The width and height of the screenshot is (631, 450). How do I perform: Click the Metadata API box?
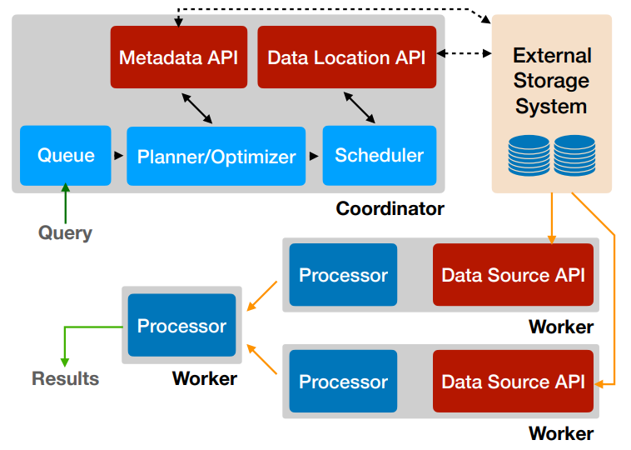click(x=178, y=57)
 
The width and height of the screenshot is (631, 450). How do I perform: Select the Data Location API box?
click(x=346, y=57)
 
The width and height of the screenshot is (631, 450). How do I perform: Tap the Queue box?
click(x=65, y=155)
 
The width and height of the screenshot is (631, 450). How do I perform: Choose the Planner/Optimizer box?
click(x=216, y=156)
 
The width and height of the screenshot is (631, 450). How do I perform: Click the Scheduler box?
click(x=379, y=155)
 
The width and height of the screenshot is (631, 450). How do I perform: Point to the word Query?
click(x=65, y=232)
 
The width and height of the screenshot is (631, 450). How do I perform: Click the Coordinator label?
click(x=390, y=208)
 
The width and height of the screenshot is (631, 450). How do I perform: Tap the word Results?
click(x=65, y=378)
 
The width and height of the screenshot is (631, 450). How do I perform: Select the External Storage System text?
click(x=551, y=81)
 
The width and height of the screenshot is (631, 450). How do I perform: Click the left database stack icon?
click(x=529, y=154)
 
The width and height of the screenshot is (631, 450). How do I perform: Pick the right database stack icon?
click(x=574, y=154)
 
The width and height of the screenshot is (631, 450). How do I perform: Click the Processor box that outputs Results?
click(x=181, y=326)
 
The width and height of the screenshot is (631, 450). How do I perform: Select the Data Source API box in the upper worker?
click(x=513, y=275)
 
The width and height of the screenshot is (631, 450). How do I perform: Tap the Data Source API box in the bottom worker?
click(x=513, y=382)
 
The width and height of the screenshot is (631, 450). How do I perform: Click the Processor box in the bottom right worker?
click(x=343, y=382)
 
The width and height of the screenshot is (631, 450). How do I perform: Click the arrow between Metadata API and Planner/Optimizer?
click(x=198, y=107)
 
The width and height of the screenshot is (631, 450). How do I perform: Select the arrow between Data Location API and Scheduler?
click(x=359, y=107)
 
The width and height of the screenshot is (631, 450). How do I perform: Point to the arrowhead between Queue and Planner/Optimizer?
click(x=118, y=156)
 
